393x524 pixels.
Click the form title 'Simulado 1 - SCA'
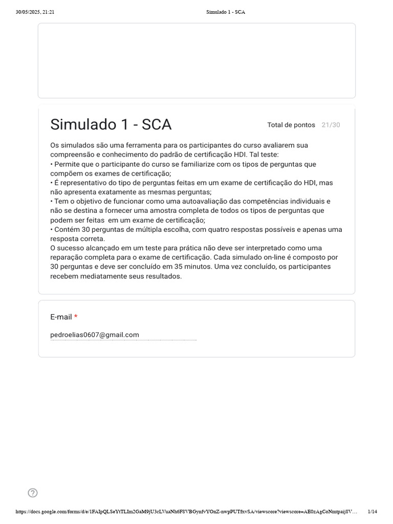(111, 124)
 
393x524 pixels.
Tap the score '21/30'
(331, 125)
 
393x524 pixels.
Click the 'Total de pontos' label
(291, 125)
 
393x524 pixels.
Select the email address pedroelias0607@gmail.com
(95, 335)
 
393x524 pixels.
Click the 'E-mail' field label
(61, 317)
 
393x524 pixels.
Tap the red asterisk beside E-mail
(76, 317)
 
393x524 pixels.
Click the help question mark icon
(33, 493)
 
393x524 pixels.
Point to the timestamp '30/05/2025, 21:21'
(35, 12)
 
